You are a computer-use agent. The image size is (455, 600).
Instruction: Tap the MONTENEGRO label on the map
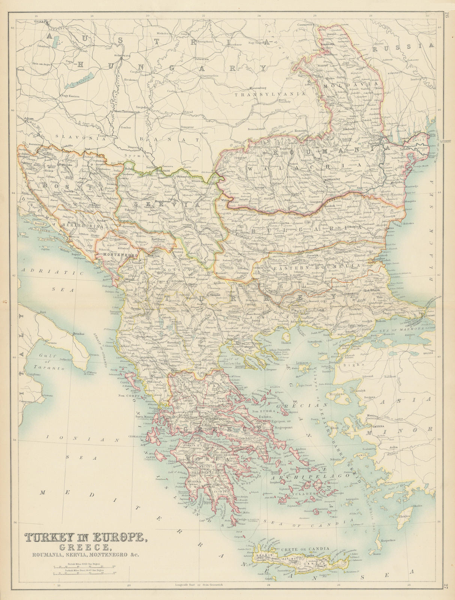(113, 254)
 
